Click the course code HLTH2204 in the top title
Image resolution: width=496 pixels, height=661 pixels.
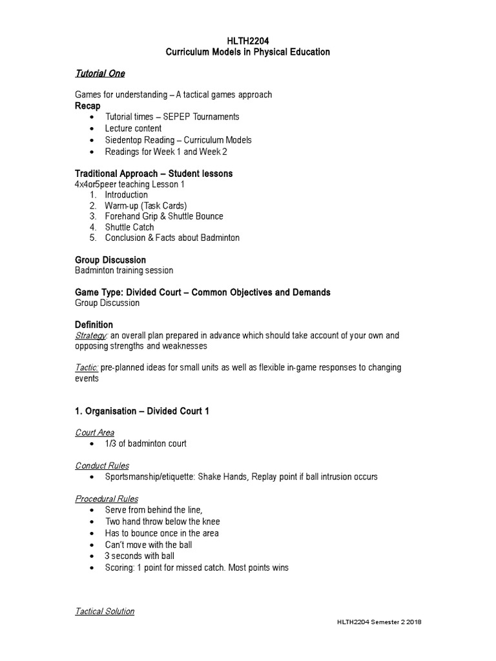247,41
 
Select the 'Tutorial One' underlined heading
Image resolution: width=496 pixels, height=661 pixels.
100,74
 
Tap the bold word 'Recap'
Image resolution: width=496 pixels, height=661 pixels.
88,106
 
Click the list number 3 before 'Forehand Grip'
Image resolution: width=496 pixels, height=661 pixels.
92,216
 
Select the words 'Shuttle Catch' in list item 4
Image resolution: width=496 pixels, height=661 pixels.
130,227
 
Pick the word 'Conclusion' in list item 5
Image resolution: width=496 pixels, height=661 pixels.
127,238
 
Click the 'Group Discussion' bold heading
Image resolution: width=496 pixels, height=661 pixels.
110,260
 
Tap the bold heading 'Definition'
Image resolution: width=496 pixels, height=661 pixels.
94,325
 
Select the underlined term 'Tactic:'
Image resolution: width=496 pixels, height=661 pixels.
87,367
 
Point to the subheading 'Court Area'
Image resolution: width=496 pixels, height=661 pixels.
95,432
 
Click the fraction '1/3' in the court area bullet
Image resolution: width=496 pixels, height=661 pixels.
111,444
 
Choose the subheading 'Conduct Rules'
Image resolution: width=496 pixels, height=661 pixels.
102,465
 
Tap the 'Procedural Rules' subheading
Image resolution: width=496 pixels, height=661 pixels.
107,499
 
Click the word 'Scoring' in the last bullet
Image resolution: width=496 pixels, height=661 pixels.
120,568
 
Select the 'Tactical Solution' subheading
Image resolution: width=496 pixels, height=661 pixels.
105,611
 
